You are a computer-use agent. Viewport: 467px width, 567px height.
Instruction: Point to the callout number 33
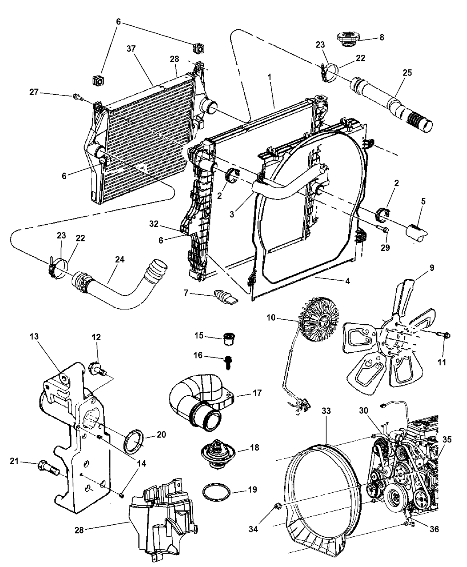coord(326,412)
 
